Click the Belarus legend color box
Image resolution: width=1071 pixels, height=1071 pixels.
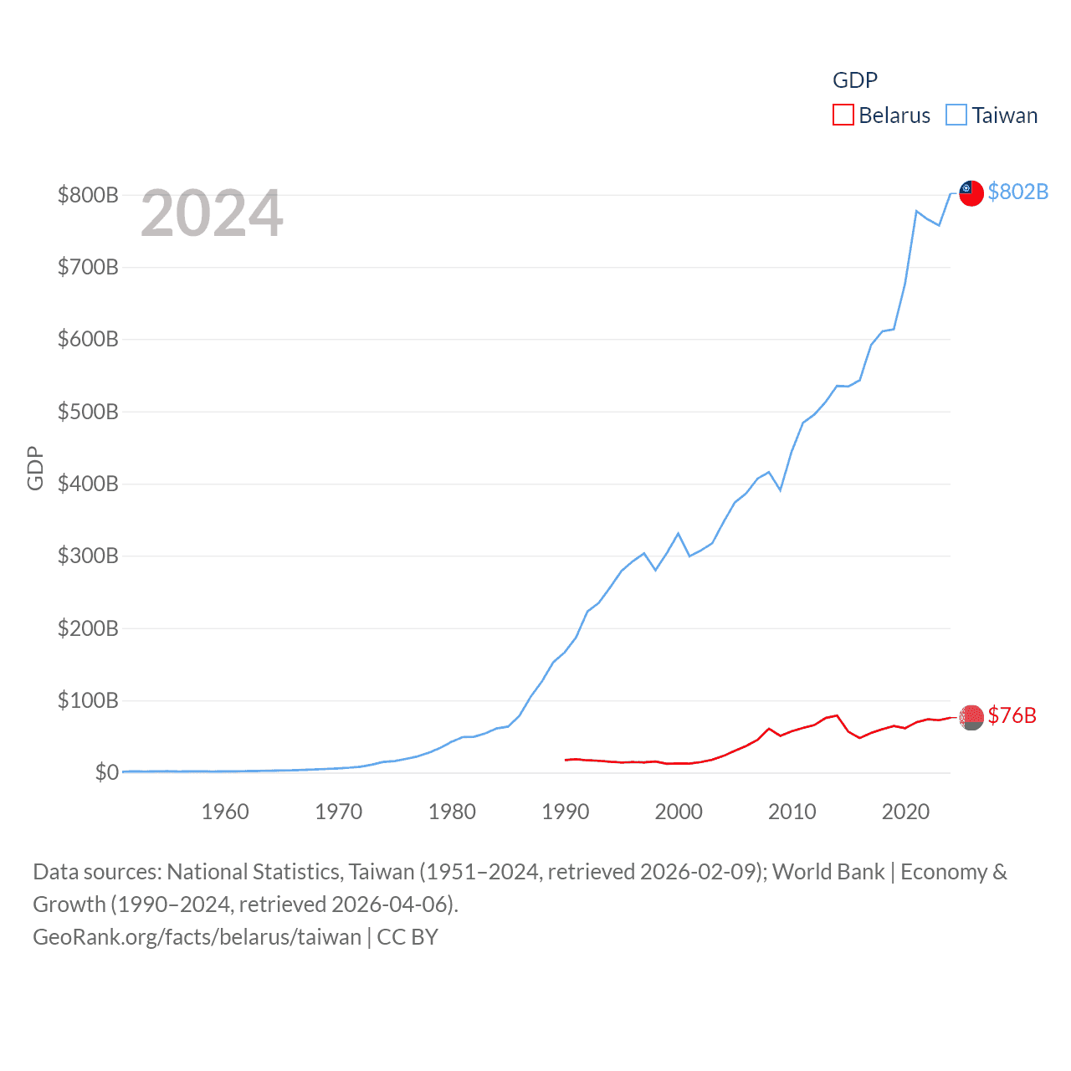coord(843,115)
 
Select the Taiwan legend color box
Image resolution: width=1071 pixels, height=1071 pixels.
coord(956,115)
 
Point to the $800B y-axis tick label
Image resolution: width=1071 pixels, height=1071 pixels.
coord(88,195)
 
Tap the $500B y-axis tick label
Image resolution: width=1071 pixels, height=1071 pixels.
coord(88,412)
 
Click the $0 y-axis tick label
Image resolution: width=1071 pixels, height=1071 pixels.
coord(106,772)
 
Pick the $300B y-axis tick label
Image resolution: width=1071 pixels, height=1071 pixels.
coord(88,556)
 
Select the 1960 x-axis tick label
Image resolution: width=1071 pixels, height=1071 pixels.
coord(225,812)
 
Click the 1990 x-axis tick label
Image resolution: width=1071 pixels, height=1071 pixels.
coord(566,812)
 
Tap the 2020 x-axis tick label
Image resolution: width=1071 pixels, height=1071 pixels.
coord(905,812)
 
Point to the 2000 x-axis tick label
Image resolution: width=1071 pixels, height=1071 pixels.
coord(679,812)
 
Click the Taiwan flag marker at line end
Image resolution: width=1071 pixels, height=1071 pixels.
coord(971,192)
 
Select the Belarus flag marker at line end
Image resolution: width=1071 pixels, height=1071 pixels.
coord(971,717)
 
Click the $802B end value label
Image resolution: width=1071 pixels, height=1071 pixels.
coord(1017,192)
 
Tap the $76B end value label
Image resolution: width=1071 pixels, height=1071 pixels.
coord(1012,715)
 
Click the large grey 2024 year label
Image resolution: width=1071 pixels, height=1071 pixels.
coord(212,213)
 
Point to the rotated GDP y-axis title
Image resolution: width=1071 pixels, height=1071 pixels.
coord(35,469)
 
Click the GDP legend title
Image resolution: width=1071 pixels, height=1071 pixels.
coord(854,80)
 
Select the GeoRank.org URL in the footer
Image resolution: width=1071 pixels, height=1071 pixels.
coord(197,937)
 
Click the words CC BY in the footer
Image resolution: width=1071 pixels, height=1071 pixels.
coord(407,937)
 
